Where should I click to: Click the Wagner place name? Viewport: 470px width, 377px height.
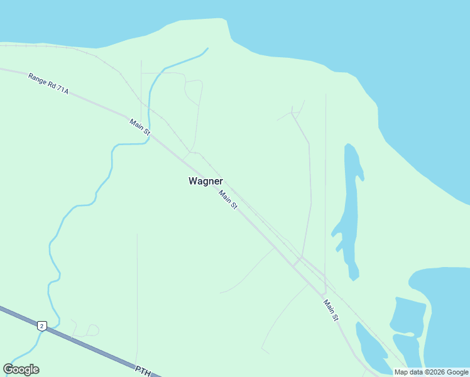click(x=205, y=181)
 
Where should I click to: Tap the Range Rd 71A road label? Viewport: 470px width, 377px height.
click(x=48, y=84)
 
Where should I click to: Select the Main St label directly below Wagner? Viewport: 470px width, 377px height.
click(x=229, y=199)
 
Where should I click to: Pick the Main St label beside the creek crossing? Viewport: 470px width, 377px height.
click(x=140, y=127)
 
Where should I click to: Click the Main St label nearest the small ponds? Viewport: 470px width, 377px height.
click(x=331, y=310)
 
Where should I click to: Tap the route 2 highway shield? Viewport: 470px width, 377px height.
click(x=41, y=325)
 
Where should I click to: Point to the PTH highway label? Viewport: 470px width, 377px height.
click(x=143, y=370)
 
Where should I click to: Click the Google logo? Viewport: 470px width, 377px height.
click(x=21, y=369)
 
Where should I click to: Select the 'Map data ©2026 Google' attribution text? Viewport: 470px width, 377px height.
click(x=431, y=372)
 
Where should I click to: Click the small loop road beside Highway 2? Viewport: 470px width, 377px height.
click(x=92, y=330)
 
